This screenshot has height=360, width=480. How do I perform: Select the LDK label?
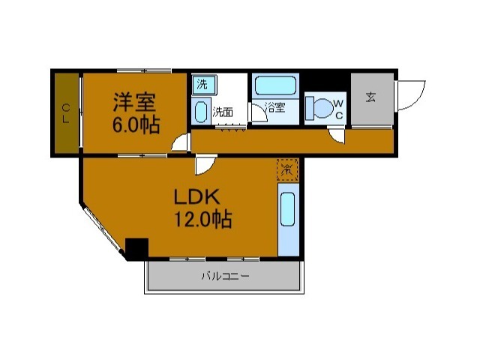196,197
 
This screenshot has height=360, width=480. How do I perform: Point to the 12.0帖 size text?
202,220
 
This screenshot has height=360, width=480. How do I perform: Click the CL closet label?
66,113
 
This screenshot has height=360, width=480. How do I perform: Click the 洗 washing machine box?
202,84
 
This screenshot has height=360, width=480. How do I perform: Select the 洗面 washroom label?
222,112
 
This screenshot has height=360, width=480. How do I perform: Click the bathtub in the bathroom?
276,84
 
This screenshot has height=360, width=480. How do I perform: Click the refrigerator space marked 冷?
287,170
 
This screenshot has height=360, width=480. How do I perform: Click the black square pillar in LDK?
136,248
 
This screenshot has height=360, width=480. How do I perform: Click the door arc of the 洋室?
181,144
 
